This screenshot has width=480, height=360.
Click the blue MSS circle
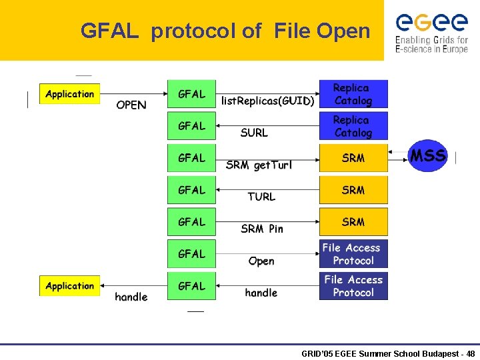click(x=427, y=156)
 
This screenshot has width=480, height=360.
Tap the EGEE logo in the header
click(x=431, y=33)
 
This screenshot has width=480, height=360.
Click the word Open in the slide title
click(x=343, y=31)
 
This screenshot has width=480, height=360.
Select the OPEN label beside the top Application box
click(x=131, y=105)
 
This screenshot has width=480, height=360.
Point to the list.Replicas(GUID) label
click(x=268, y=101)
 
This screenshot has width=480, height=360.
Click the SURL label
click(x=254, y=133)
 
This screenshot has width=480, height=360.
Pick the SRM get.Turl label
click(x=259, y=165)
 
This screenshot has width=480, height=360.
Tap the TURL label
click(x=261, y=197)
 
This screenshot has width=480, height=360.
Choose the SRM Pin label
click(x=262, y=229)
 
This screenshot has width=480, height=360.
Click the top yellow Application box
click(x=70, y=94)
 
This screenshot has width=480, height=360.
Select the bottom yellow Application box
click(x=70, y=286)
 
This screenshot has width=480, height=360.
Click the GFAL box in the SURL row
click(x=191, y=126)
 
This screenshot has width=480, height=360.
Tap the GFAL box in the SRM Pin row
click(x=191, y=222)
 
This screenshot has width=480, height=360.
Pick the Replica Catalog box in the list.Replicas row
click(x=353, y=94)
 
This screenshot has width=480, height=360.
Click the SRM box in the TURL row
click(x=353, y=190)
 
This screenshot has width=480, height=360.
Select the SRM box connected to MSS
click(x=353, y=158)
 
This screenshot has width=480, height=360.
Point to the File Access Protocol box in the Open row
click(x=353, y=254)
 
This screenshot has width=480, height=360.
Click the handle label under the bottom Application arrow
click(x=131, y=297)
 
